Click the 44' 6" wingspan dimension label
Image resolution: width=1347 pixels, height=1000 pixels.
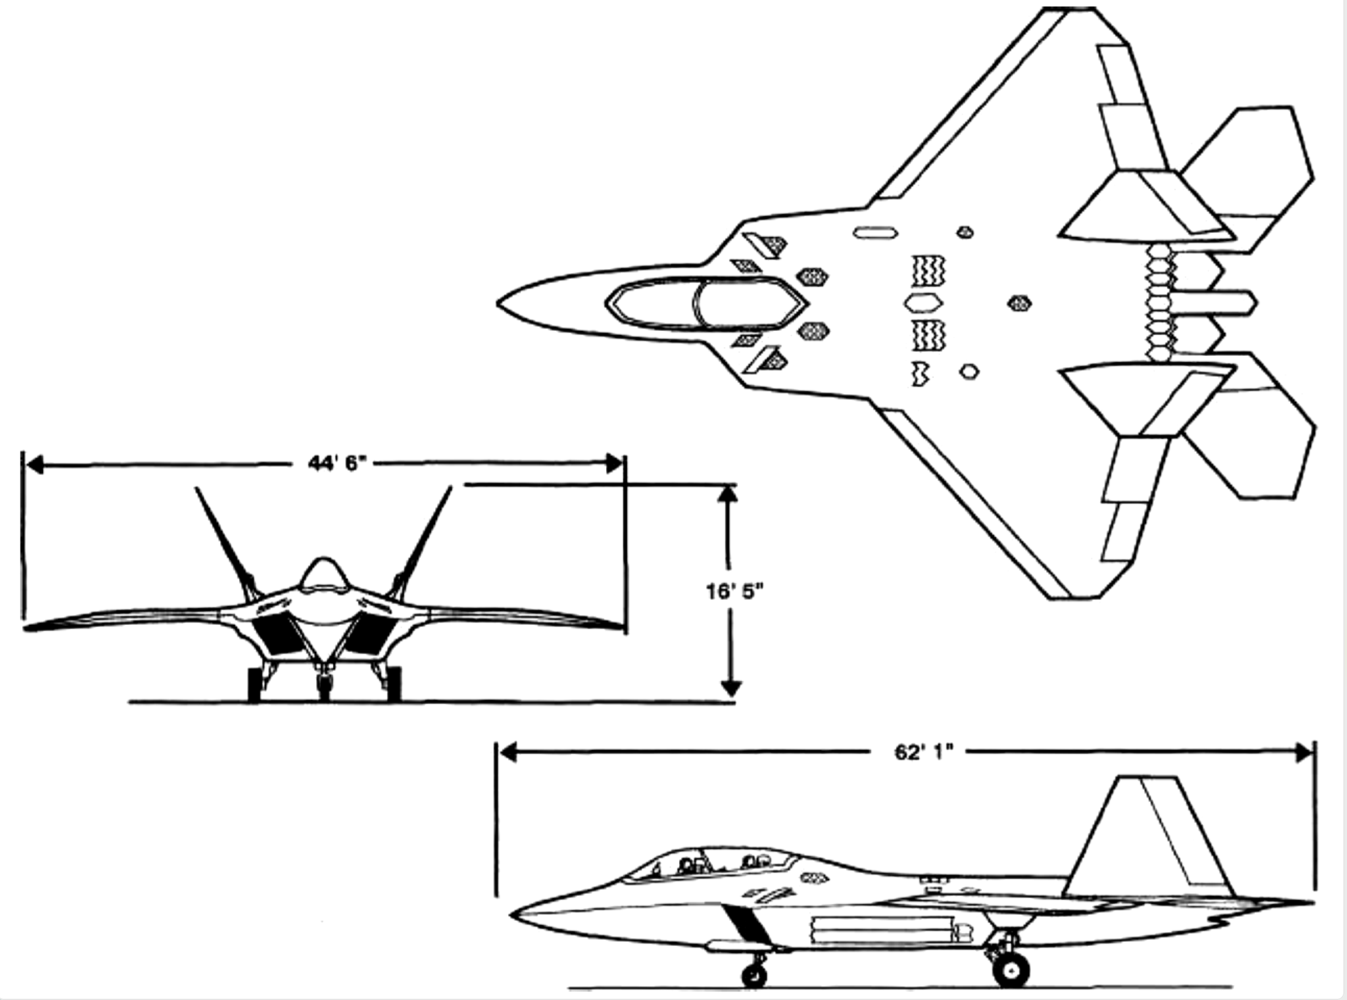tap(336, 463)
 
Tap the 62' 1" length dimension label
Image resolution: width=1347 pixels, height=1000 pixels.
tap(924, 752)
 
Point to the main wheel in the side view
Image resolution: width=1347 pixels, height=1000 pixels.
tap(1011, 969)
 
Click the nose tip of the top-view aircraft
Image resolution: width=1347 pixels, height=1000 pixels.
tap(499, 303)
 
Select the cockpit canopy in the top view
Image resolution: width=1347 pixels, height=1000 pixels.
tap(705, 303)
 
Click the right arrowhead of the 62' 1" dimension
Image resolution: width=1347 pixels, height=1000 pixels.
tap(1307, 753)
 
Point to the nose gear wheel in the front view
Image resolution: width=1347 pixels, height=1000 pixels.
tap(324, 685)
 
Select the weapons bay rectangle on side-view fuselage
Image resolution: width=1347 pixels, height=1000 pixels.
tap(882, 929)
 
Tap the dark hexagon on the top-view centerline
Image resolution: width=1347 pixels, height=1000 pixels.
tap(1019, 303)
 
